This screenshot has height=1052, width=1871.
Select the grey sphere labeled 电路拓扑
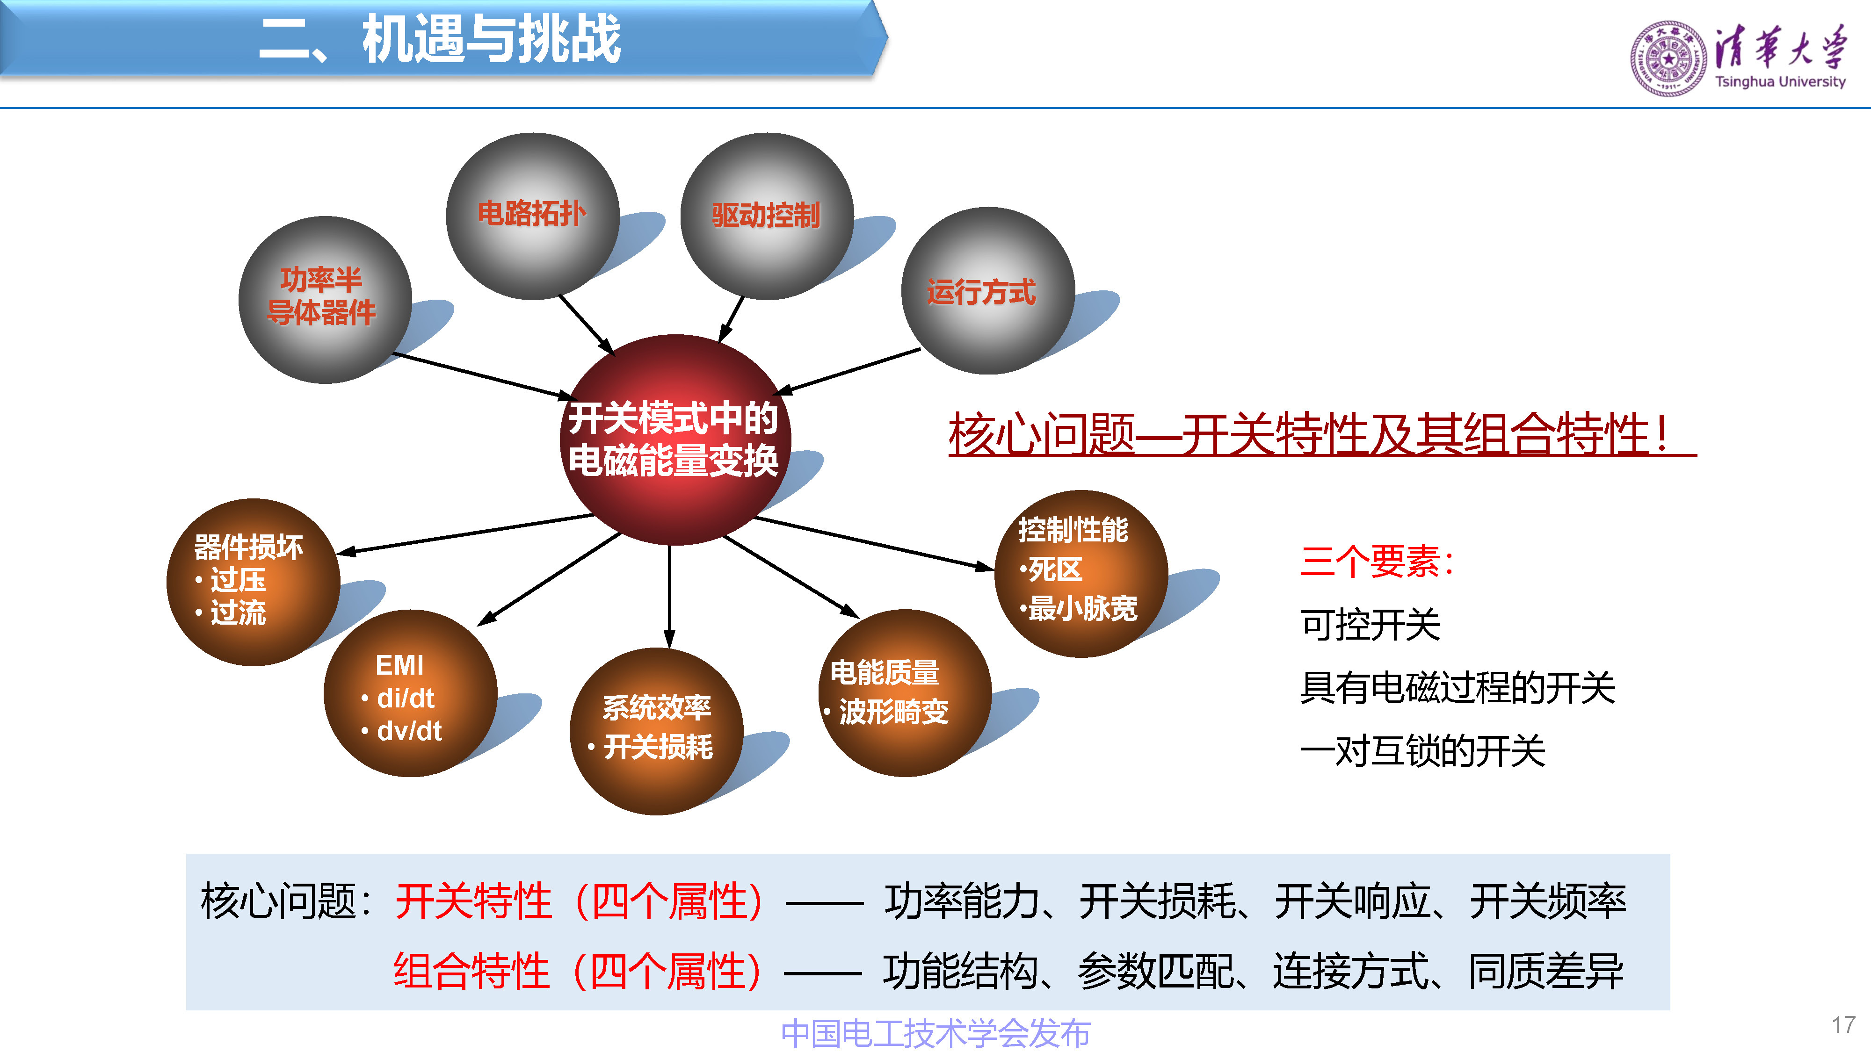click(x=532, y=216)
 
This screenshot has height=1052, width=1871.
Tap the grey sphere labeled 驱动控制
click(x=766, y=216)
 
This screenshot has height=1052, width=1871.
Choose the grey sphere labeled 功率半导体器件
click(x=325, y=299)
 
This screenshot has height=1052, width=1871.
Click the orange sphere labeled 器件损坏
click(x=253, y=582)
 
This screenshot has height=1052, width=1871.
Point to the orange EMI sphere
click(x=410, y=693)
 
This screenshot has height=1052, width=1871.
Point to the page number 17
click(x=1842, y=1024)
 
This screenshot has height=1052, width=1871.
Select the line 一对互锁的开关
click(x=1422, y=751)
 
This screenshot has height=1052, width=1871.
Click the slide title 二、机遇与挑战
click(x=439, y=39)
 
